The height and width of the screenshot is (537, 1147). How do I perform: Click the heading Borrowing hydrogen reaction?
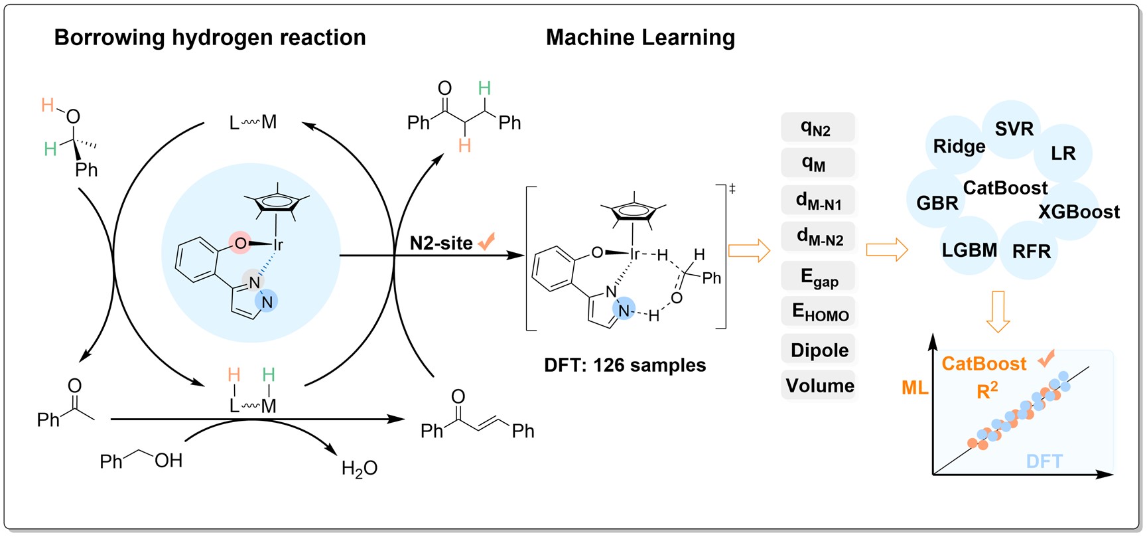tap(210, 38)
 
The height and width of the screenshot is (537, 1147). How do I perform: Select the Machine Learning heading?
tap(640, 38)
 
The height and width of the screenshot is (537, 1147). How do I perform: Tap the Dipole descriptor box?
tap(819, 350)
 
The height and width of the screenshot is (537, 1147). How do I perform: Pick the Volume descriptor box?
tap(820, 386)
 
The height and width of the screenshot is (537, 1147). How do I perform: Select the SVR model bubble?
tap(1014, 129)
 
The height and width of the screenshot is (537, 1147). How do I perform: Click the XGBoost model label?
tap(1079, 212)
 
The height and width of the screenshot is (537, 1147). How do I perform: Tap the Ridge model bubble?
tap(959, 146)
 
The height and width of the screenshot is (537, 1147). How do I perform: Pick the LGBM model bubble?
tap(969, 250)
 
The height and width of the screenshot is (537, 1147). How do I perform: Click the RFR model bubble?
tap(1032, 252)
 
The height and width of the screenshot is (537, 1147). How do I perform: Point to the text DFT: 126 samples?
tap(625, 365)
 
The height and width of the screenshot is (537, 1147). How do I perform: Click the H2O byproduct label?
tap(359, 469)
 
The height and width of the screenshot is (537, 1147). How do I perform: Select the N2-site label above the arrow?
tap(441, 243)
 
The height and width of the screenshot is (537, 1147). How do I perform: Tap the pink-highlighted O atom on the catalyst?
tap(240, 244)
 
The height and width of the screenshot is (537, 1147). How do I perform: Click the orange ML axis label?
tap(915, 388)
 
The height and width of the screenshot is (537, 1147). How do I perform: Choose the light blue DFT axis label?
tap(1044, 461)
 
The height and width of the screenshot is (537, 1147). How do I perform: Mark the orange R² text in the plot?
tap(987, 390)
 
